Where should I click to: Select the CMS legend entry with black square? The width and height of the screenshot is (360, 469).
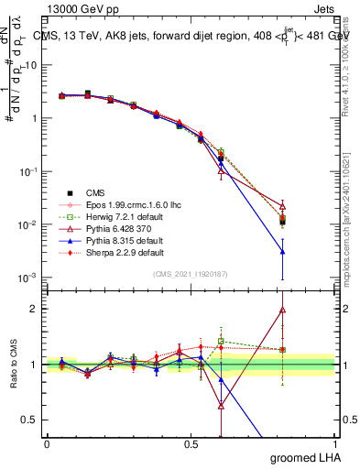click(x=94, y=192)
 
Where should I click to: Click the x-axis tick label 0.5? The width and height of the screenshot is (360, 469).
click(x=191, y=443)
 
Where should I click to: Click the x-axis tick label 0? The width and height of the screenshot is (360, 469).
click(x=47, y=443)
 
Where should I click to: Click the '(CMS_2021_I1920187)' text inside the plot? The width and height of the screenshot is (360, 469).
click(x=191, y=274)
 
